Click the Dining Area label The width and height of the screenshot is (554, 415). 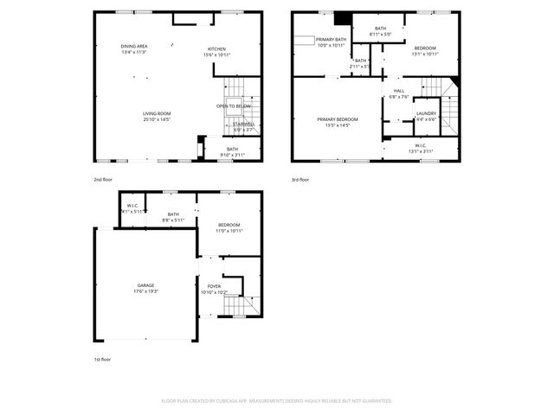coord(133,45)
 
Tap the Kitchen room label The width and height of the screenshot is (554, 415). coord(216,48)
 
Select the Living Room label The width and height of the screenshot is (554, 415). coord(157,113)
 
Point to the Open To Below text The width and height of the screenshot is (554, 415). coord(234,105)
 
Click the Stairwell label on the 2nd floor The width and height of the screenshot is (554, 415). coord(243,124)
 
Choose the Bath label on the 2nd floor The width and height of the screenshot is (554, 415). coord(232,149)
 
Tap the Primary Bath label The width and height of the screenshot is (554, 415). coord(331,40)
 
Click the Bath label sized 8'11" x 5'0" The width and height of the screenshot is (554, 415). coord(381,29)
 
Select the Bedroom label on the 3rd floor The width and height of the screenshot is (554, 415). coord(424,48)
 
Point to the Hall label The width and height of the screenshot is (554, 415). coord(399,91)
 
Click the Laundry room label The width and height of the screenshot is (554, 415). coord(426,113)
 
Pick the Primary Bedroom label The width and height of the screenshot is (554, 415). coord(338,119)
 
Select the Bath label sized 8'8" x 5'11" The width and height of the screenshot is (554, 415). coord(173,214)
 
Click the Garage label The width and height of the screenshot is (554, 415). coord(145,284)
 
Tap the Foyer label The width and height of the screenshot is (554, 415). coord(214,286)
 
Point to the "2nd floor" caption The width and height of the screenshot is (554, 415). coord(103,180)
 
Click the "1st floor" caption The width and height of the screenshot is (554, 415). coord(102,359)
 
